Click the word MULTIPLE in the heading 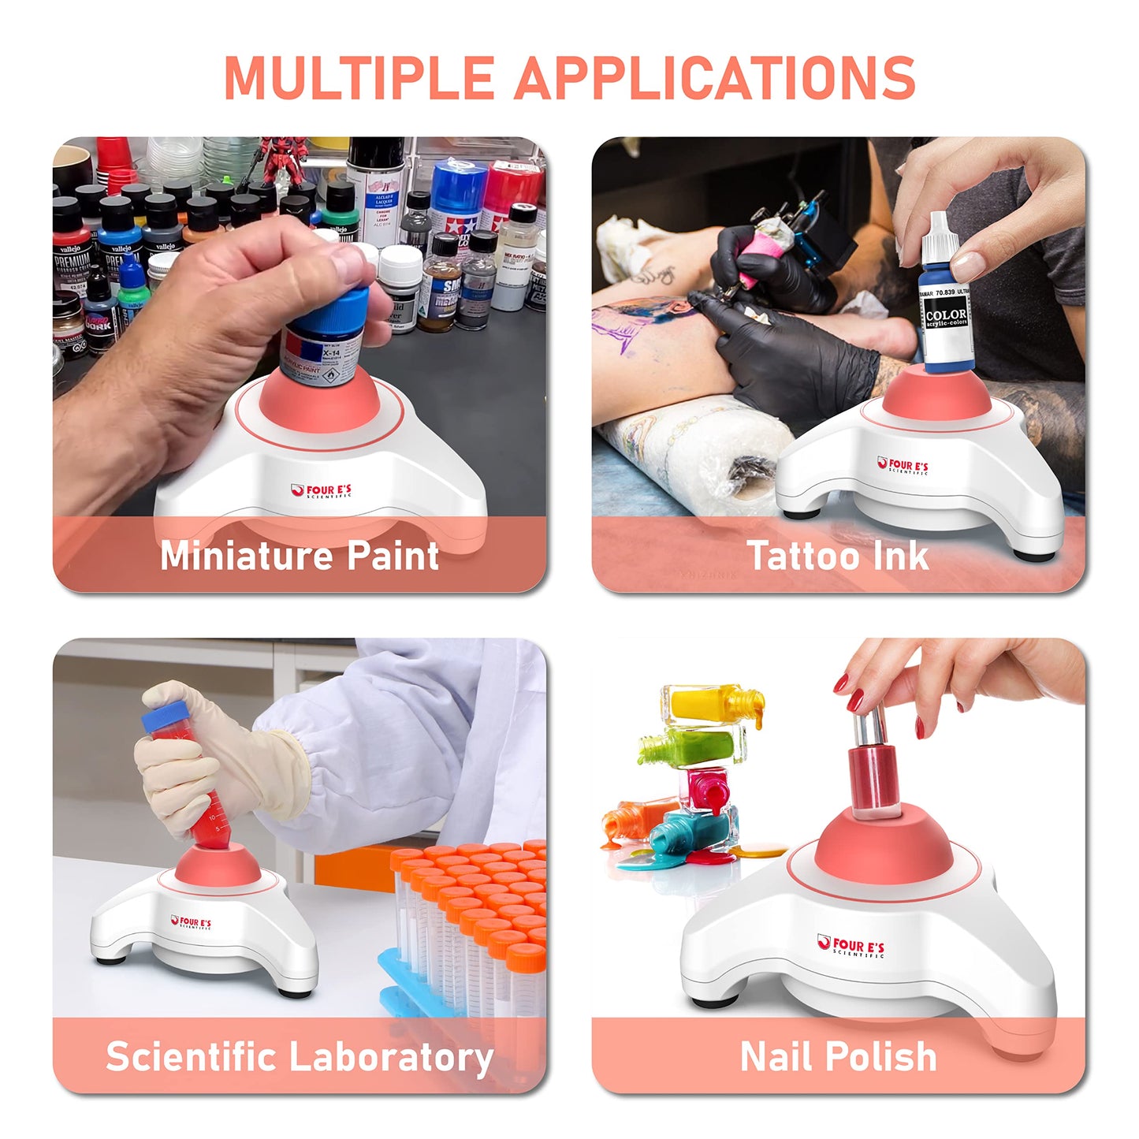coord(359,77)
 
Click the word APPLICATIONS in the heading coord(714,77)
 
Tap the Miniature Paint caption coord(300,555)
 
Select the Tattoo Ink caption coord(838,555)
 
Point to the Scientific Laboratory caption coord(300,1056)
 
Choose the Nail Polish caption coord(838,1056)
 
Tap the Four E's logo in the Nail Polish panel coord(851,946)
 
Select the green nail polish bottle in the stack coord(698,746)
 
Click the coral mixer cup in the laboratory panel coord(217,867)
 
